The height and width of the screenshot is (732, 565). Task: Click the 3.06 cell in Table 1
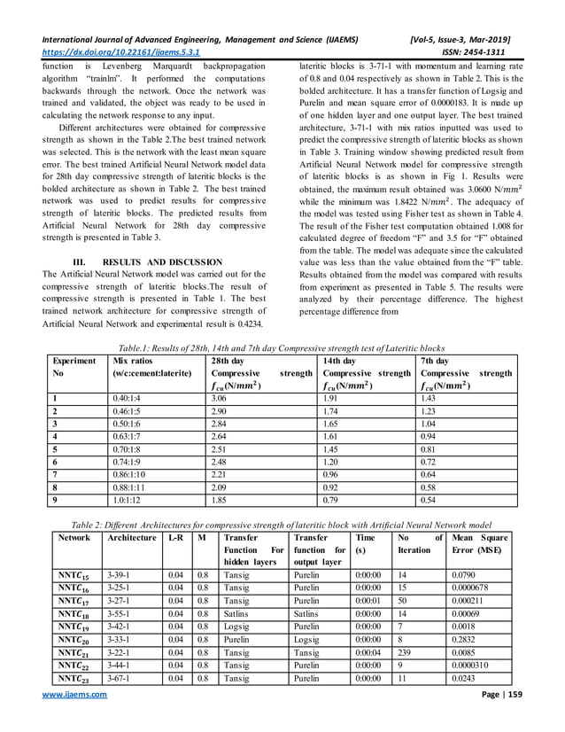point(221,400)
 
